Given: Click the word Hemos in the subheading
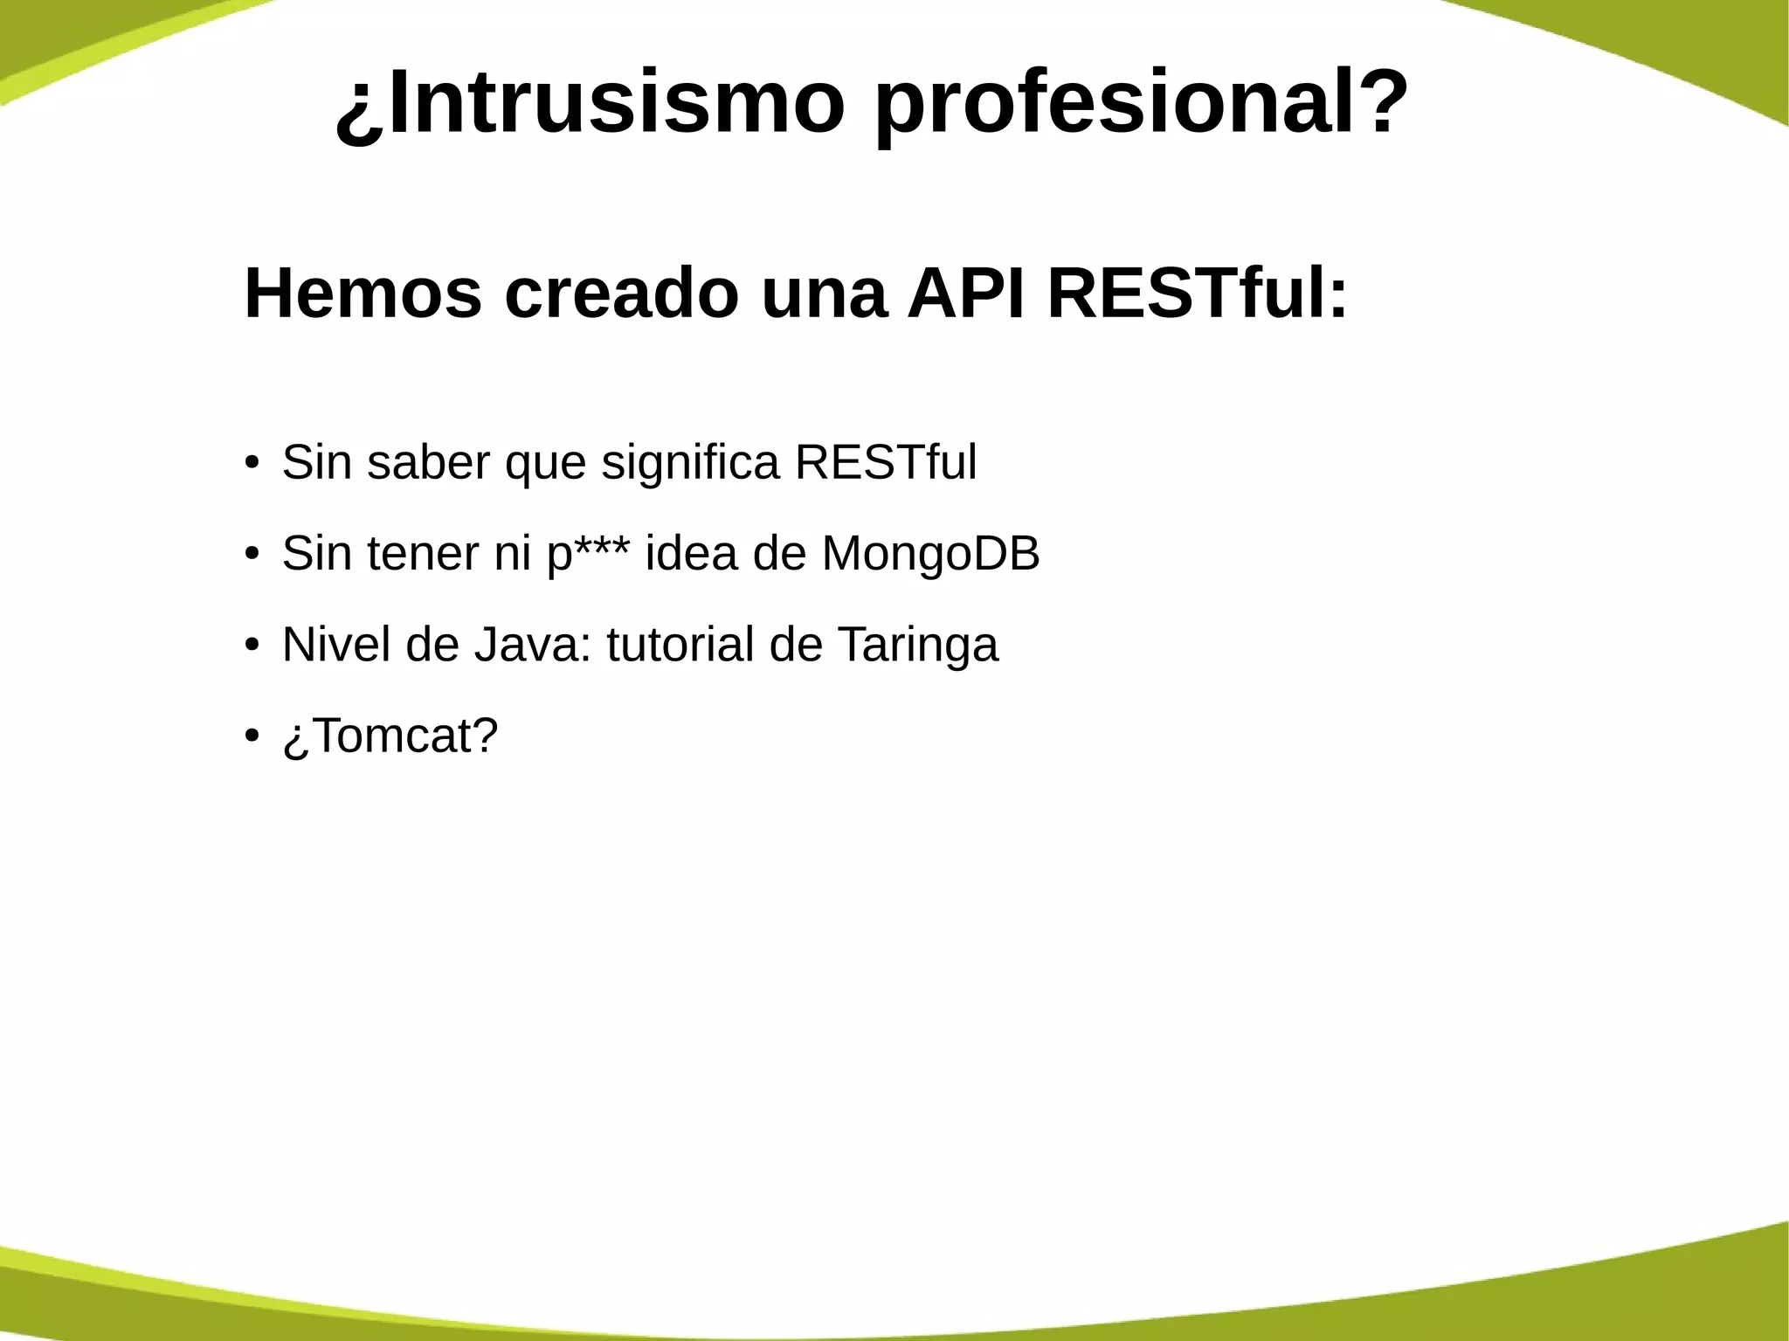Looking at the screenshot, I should (x=363, y=294).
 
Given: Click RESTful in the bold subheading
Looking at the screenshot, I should (x=1198, y=294).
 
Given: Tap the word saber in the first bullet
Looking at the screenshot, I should (x=428, y=462).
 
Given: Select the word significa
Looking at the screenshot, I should (x=689, y=462).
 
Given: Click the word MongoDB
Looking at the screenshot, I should (x=930, y=553).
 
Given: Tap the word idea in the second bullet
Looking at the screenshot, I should (x=691, y=553).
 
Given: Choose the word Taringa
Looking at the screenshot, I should (x=917, y=645).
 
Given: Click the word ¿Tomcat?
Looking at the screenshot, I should (x=390, y=736).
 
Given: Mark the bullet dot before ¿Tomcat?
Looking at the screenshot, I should (x=252, y=736).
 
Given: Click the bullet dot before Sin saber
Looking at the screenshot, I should (x=252, y=462).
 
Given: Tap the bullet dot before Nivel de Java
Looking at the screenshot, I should (x=252, y=645).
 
